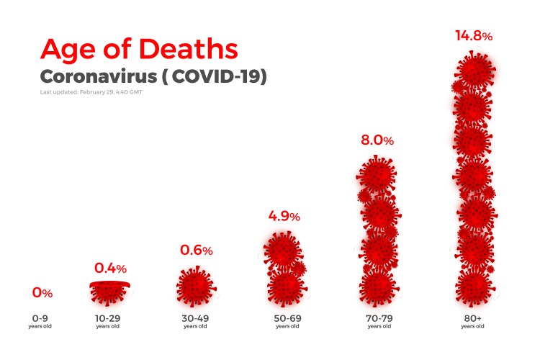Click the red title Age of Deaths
point(138,48)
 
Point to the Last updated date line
point(91,93)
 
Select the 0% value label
point(42,293)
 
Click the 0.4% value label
point(110,268)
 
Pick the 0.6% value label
point(196,251)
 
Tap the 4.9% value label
point(284,215)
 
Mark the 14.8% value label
point(473,35)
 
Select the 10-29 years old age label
point(107,320)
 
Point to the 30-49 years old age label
point(195,320)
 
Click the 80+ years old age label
point(473,320)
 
